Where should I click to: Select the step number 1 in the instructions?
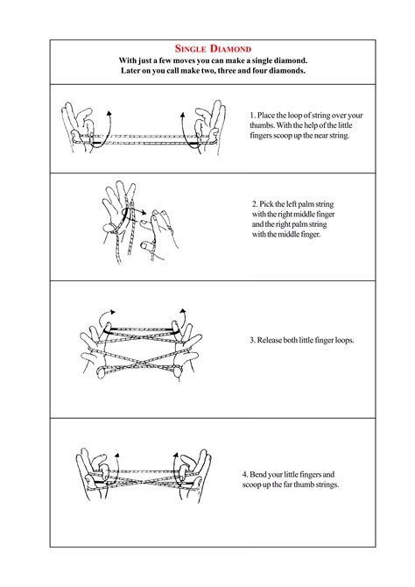coord(251,115)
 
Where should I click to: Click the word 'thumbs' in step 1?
coord(264,125)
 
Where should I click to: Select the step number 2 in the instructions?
coord(254,204)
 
